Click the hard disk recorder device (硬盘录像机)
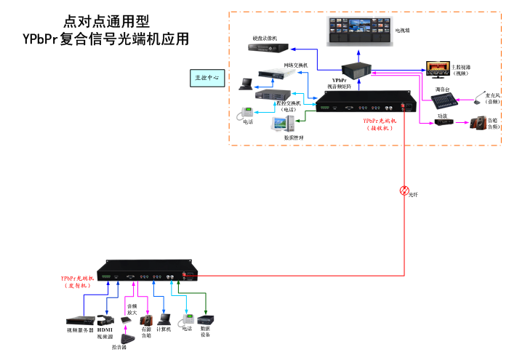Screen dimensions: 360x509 click(x=267, y=48)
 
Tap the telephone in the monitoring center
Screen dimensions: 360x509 click(x=248, y=112)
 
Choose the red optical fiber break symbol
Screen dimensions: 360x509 click(x=405, y=191)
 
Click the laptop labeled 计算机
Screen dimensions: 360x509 click(x=164, y=319)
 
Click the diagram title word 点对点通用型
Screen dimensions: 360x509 click(x=108, y=22)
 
